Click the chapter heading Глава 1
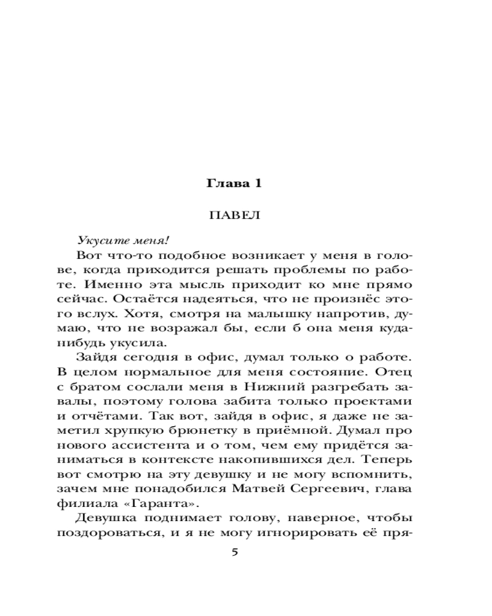coord(235,184)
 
